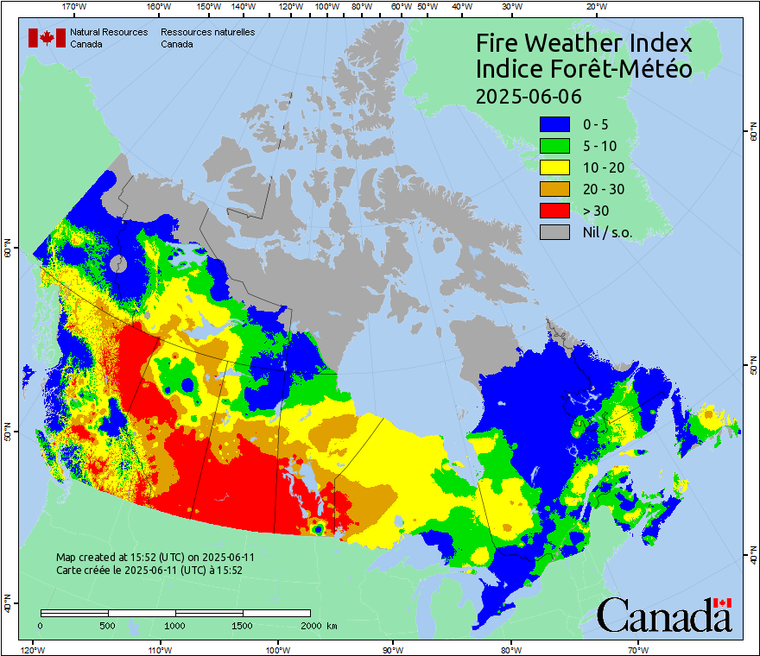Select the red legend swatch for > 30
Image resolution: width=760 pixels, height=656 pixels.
554,211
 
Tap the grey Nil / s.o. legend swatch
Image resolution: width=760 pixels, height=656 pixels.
554,232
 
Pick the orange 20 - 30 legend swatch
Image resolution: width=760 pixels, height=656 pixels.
554,189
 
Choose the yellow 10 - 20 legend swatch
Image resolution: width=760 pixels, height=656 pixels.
554,167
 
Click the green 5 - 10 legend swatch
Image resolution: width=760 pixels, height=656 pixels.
554,146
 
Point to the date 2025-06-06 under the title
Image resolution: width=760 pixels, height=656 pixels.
529,95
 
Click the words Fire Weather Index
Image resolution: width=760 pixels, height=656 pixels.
584,43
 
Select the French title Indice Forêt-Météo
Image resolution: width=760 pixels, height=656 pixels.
584,69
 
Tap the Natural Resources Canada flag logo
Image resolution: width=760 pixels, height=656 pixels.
47,38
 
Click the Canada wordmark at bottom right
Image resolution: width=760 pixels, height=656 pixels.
664,615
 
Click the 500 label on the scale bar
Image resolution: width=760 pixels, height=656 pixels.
108,625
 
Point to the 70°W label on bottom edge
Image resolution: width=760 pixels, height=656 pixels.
637,649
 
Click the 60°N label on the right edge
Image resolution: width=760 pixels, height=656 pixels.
753,132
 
